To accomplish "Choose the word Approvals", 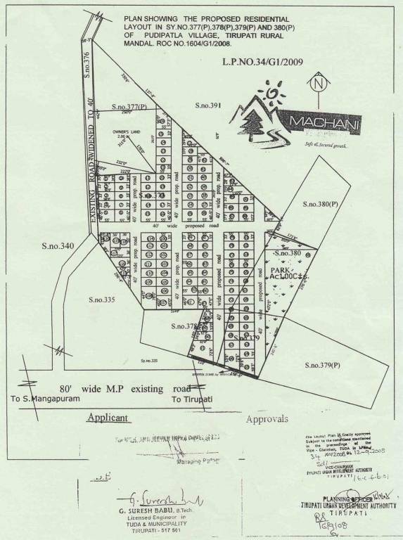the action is pos(267,419).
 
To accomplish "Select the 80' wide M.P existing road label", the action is pos(125,388).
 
